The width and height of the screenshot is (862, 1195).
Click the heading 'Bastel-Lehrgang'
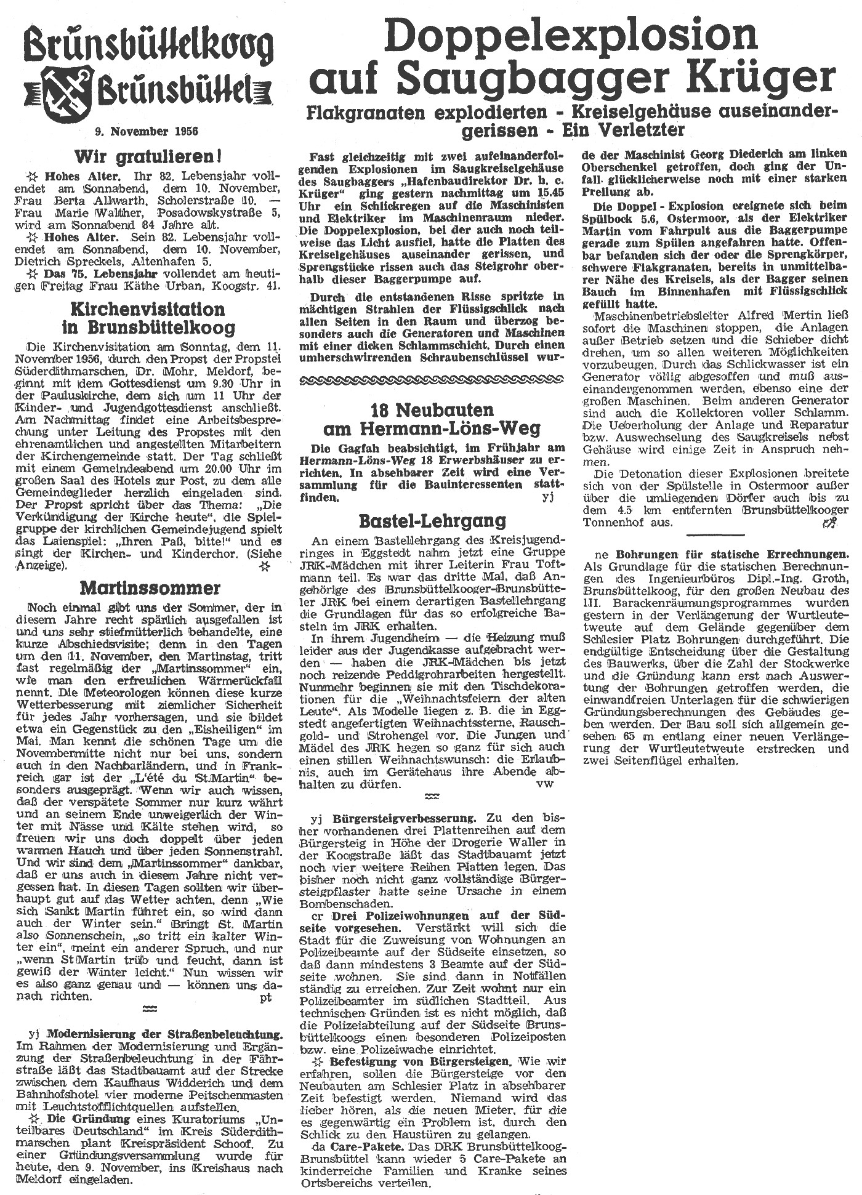(432, 522)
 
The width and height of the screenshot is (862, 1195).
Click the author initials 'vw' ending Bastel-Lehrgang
(545, 784)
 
